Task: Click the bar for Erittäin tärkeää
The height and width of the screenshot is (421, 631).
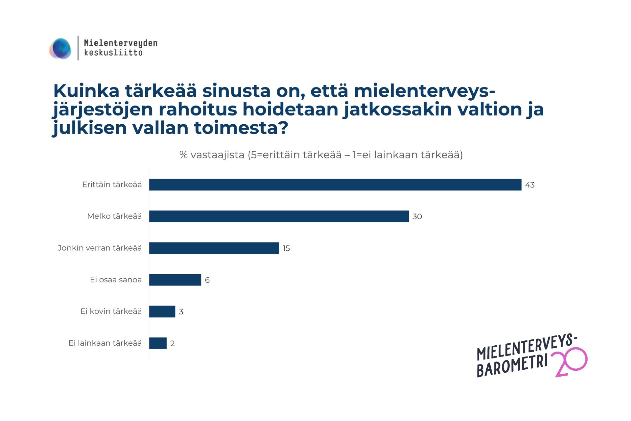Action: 335,185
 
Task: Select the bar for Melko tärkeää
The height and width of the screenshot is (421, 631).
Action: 279,216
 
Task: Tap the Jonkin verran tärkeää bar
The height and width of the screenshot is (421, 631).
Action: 214,248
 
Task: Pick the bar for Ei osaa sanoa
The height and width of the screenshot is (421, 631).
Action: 175,280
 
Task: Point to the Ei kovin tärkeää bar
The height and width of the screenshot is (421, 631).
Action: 162,311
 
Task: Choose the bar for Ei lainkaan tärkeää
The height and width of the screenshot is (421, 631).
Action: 158,343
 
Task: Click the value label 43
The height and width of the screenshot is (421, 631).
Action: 530,185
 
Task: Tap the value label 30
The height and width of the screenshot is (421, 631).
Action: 417,217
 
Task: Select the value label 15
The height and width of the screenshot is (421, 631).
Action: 286,248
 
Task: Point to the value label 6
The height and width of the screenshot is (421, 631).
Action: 207,280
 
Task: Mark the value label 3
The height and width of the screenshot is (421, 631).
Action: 181,312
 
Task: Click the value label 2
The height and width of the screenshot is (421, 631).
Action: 173,344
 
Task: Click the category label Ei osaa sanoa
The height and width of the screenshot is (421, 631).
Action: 116,280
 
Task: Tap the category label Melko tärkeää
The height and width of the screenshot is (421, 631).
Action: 114,216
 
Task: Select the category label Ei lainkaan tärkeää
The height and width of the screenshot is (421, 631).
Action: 105,343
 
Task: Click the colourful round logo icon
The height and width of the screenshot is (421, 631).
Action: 60,49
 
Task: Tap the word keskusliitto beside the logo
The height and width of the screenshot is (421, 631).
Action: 113,53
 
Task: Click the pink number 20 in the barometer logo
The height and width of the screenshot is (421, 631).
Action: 571,362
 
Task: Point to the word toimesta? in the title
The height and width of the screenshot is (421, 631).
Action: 241,128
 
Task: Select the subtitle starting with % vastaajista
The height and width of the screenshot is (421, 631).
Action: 321,155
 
